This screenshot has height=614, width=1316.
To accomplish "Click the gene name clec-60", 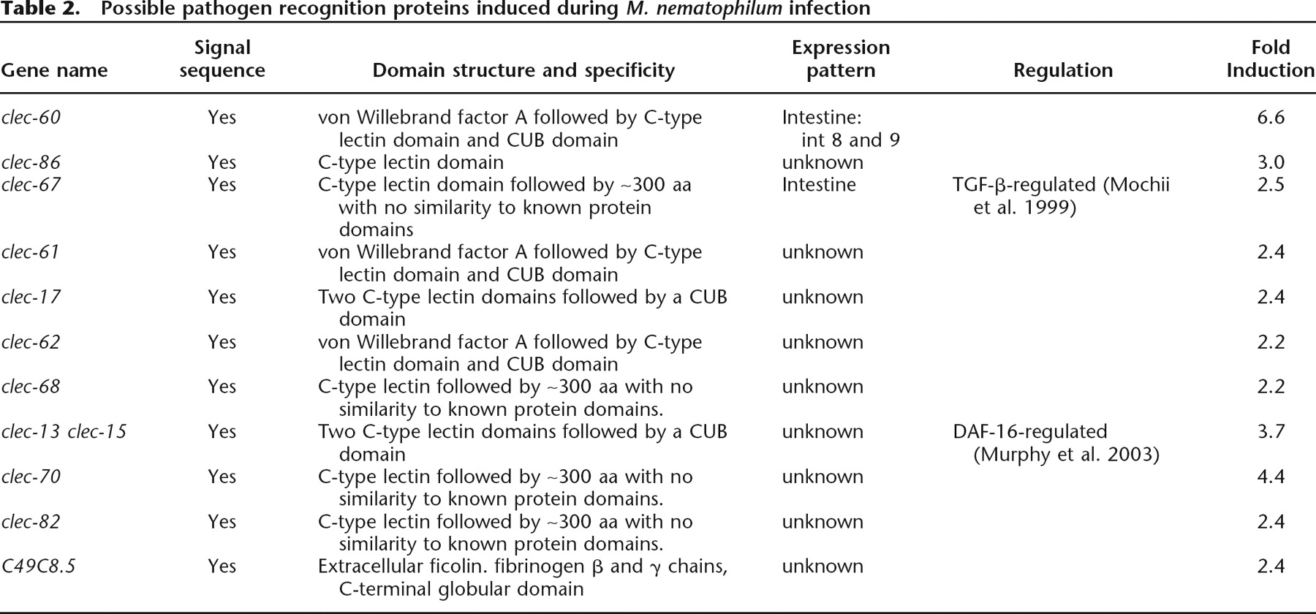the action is click(x=31, y=117).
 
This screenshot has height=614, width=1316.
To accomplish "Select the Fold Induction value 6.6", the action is click(x=1271, y=117).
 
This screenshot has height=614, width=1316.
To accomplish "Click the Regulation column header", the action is click(x=1063, y=70).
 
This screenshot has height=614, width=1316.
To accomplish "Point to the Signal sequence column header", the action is click(x=222, y=59).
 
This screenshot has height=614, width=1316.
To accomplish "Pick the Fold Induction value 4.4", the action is click(x=1271, y=477).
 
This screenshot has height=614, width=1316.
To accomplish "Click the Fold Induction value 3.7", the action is click(x=1271, y=431).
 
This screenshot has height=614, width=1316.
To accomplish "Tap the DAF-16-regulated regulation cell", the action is click(x=1056, y=443).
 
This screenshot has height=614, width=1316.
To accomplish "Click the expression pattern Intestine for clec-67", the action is click(x=819, y=184).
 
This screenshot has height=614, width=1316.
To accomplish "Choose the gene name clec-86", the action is click(x=31, y=162).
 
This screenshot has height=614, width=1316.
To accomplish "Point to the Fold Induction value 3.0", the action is click(x=1271, y=162).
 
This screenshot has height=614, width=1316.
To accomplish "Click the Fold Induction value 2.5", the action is click(x=1271, y=184).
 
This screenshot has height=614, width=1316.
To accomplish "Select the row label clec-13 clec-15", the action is click(x=64, y=431).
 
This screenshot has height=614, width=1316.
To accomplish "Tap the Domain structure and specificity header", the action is click(x=523, y=70).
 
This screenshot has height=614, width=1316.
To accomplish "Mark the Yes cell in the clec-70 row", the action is click(x=222, y=477).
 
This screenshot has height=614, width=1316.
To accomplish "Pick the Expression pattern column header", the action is click(x=841, y=59).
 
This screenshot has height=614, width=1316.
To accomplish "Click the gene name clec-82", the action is click(x=31, y=521).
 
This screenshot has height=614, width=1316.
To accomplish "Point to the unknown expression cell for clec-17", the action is click(x=822, y=297).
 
